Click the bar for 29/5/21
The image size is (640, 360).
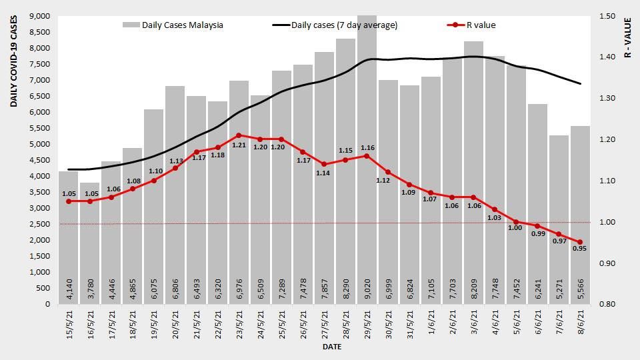[x=367, y=160]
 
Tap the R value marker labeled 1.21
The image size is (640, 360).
[x=239, y=135]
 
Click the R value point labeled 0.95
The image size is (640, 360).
[x=580, y=242]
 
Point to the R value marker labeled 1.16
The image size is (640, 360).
[x=367, y=156]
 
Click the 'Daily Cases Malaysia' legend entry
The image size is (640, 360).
[x=173, y=25]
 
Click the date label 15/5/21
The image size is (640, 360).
[x=70, y=325]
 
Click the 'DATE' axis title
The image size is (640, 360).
[x=332, y=347]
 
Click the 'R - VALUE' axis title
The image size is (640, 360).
[x=627, y=37]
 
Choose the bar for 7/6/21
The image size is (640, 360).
[x=559, y=220]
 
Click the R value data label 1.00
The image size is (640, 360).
[x=515, y=228]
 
